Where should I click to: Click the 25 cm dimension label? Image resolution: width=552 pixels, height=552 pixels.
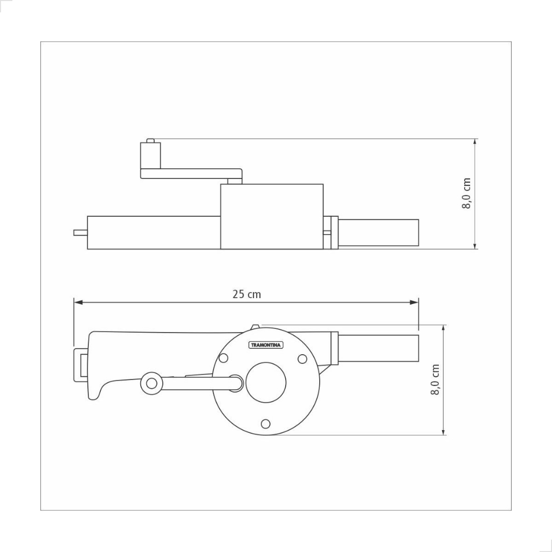pos(246,294)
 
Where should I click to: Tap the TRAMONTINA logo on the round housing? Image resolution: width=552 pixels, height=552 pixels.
pos(266,345)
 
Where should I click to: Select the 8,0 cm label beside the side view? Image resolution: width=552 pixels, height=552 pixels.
pos(466,194)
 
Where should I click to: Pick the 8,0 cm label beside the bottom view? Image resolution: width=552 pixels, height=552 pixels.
pos(435,379)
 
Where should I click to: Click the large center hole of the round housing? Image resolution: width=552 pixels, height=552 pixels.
pos(266,382)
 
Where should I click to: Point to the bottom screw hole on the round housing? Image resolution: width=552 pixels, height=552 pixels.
pos(266,424)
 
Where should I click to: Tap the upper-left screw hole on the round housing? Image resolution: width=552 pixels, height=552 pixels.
pos(223,358)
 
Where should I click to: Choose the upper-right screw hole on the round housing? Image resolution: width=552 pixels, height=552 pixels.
pos(302,358)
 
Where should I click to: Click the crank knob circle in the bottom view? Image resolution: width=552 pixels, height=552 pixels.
pos(151,383)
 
